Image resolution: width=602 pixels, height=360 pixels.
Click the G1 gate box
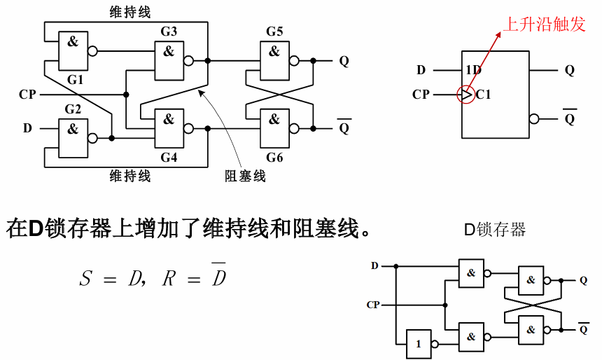click(x=73, y=50)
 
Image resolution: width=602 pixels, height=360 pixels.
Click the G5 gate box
click(x=274, y=60)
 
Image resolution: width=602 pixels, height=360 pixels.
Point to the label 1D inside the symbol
click(x=473, y=70)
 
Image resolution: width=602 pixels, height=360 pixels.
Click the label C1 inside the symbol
click(x=483, y=94)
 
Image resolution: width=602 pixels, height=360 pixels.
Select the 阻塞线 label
click(x=245, y=176)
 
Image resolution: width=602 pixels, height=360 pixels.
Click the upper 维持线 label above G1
click(x=130, y=12)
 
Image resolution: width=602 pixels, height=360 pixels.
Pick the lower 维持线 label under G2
click(x=130, y=176)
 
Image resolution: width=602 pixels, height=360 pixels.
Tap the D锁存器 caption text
click(x=495, y=229)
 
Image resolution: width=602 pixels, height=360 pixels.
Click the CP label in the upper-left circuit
click(x=27, y=94)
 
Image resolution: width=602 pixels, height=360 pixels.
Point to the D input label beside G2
click(x=27, y=128)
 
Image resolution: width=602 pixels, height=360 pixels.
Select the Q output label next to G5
click(x=344, y=60)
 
